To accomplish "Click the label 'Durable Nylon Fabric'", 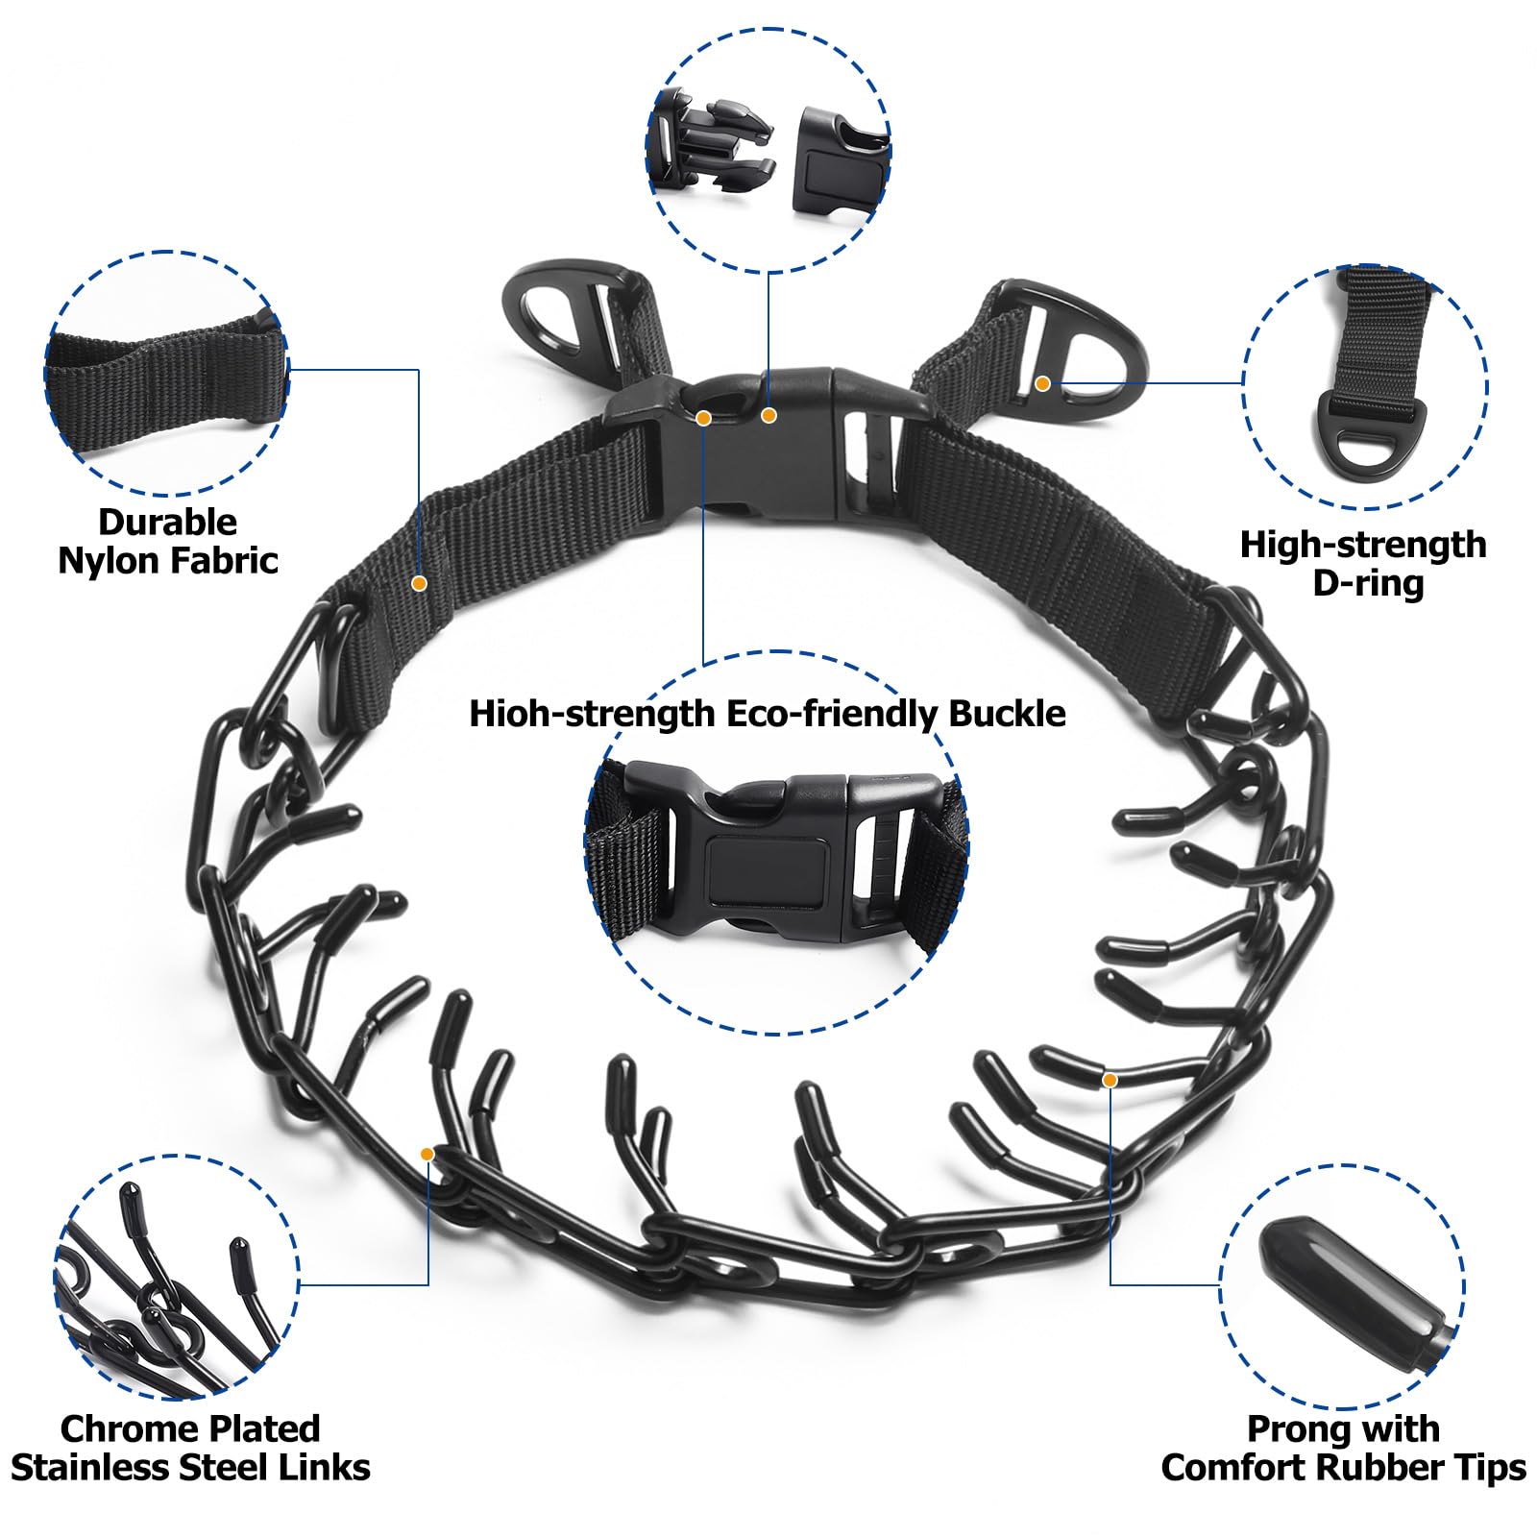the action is (x=168, y=541).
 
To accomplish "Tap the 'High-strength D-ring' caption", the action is (x=1363, y=563).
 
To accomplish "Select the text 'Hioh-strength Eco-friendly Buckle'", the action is (x=768, y=714).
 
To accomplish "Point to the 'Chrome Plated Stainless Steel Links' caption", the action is (x=190, y=1448).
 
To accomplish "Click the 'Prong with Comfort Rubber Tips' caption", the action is (x=1343, y=1448).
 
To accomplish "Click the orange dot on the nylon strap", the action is (x=419, y=582).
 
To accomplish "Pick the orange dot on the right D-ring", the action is (x=1042, y=383).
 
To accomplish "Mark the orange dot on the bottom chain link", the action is (x=427, y=1153).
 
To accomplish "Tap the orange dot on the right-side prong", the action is (x=1110, y=1080).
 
